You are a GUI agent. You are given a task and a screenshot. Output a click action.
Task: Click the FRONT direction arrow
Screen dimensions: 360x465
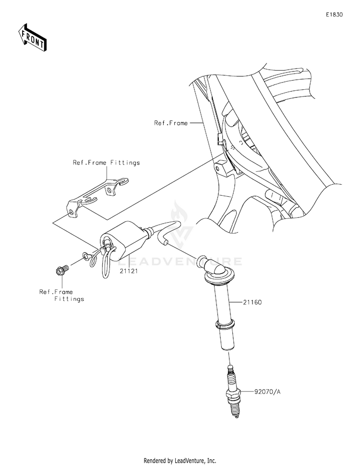32,37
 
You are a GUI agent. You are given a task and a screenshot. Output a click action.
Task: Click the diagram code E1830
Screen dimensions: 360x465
334,14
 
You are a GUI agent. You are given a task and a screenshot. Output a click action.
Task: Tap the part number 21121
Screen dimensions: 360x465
129,271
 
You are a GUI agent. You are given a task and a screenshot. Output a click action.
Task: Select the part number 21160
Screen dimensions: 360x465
252,302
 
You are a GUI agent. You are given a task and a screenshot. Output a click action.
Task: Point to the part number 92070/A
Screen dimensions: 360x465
267,392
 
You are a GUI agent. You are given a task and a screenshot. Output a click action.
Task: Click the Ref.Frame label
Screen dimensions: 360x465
171,123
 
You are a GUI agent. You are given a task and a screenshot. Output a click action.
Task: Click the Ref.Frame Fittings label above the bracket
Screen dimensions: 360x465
107,163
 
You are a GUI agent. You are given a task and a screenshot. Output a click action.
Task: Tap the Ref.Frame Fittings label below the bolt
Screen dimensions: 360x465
62,296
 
